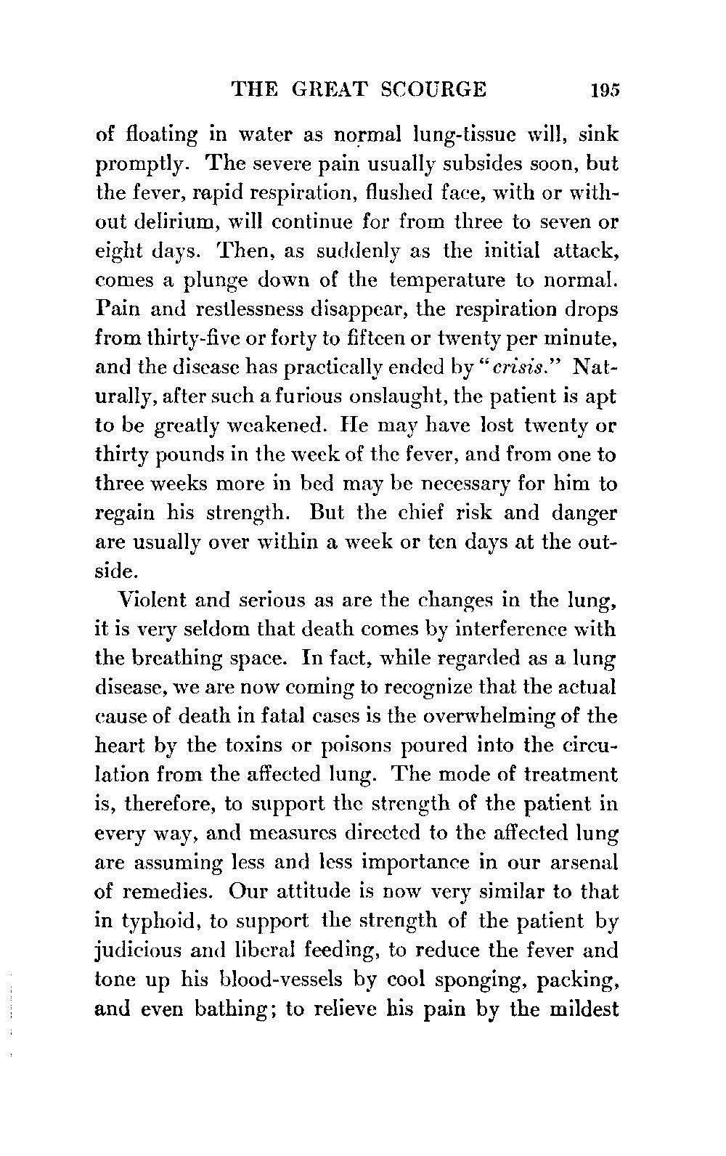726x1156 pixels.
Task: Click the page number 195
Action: pos(604,89)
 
